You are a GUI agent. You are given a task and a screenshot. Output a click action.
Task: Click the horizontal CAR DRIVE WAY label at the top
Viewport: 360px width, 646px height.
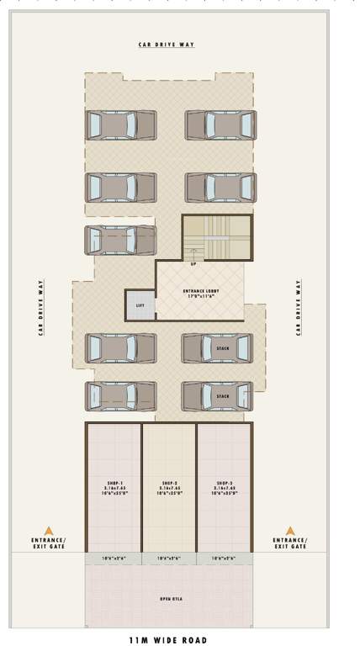pos(167,45)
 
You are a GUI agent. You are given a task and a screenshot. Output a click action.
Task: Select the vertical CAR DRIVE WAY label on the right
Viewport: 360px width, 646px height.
pos(298,309)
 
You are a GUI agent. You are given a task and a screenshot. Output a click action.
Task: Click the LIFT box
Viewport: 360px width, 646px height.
pos(140,304)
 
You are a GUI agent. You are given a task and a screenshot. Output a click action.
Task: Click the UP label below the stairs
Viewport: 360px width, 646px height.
pos(193,264)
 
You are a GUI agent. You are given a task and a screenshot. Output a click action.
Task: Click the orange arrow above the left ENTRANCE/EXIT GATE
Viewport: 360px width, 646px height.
pos(49,530)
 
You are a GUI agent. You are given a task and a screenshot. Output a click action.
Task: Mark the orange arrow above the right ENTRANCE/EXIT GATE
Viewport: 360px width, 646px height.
pos(290,530)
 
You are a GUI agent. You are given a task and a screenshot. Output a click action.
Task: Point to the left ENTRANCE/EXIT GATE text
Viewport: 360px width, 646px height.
pos(49,543)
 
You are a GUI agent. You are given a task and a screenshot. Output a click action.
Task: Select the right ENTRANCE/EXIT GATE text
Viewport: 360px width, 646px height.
pos(290,543)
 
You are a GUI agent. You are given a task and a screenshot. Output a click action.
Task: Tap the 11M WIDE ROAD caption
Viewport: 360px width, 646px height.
pos(167,639)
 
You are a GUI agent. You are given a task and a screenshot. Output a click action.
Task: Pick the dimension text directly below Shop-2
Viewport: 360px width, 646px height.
pos(168,559)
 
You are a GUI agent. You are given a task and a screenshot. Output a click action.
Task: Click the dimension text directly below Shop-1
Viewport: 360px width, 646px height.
pos(113,559)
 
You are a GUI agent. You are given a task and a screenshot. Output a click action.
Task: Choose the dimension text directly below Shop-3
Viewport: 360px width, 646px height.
pos(224,559)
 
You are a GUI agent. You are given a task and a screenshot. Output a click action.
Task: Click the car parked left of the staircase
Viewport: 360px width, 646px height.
pos(119,240)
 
